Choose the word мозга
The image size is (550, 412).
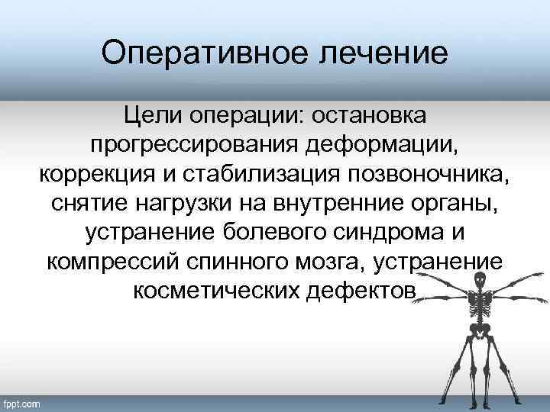335,262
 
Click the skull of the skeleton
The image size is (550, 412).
480,281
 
